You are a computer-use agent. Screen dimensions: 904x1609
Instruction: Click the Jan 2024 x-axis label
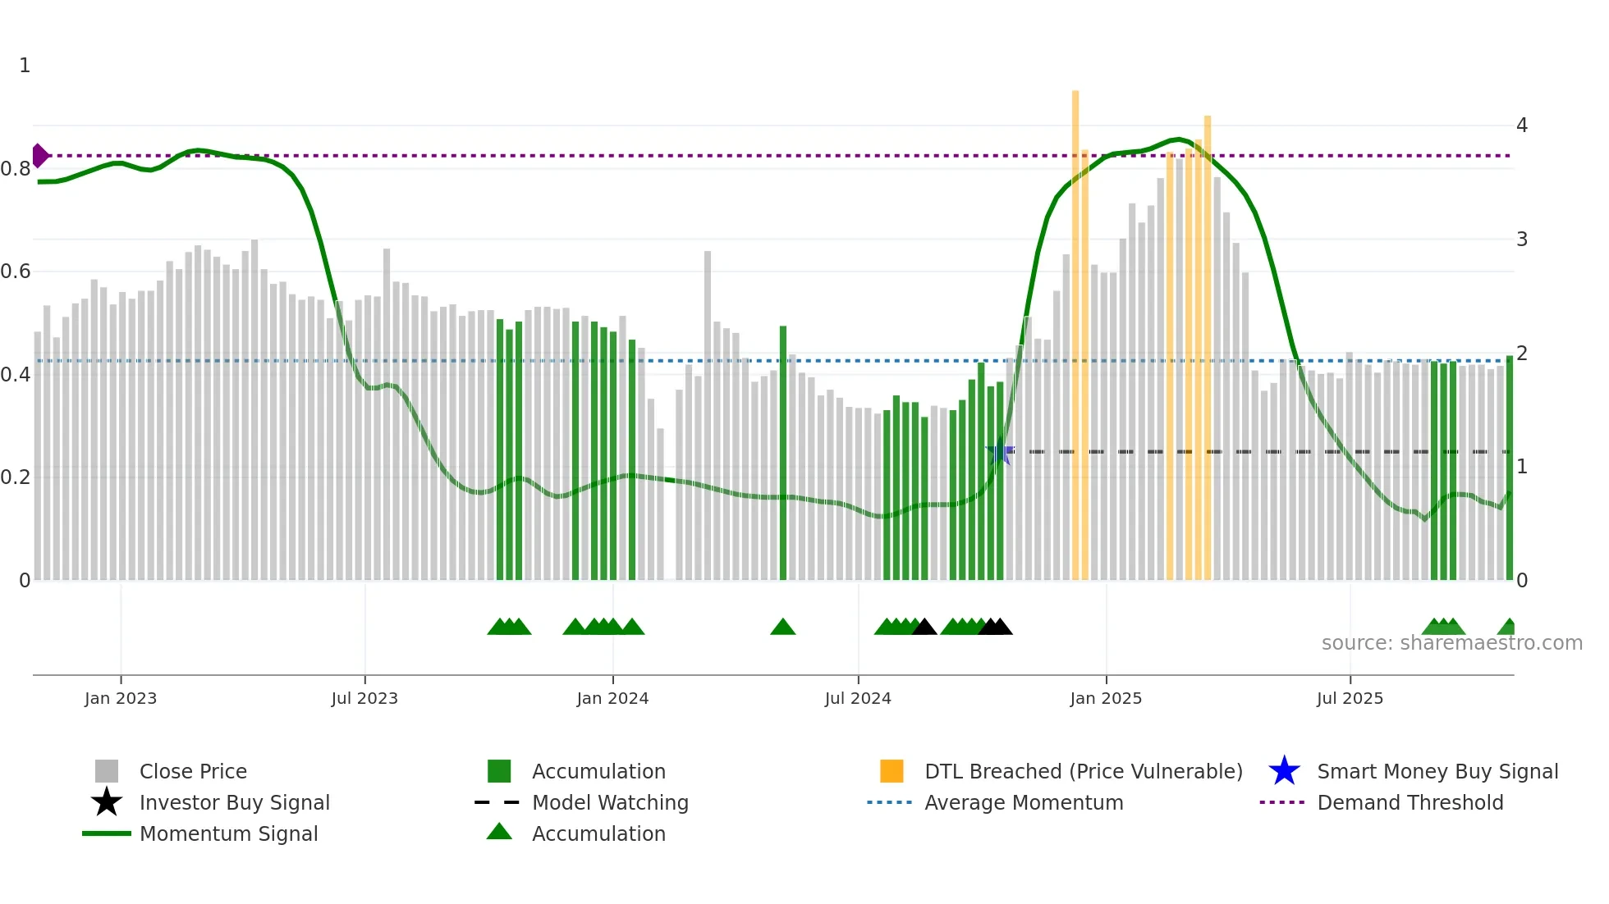(612, 698)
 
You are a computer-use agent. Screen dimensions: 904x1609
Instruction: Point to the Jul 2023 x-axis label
(364, 698)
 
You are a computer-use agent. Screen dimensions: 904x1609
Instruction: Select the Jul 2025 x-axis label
(1350, 698)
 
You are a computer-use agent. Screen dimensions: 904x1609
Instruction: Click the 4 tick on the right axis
(1522, 126)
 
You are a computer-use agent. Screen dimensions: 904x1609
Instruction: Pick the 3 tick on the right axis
(1522, 240)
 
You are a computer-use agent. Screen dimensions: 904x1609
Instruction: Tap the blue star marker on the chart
(999, 452)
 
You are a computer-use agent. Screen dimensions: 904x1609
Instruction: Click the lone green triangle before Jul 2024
(783, 628)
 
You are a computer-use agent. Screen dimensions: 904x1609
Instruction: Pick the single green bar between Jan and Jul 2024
(783, 451)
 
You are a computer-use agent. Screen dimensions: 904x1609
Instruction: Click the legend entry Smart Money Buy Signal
(1437, 772)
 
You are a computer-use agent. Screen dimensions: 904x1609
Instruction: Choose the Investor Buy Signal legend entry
(234, 803)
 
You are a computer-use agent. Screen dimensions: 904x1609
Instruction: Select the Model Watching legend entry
(610, 803)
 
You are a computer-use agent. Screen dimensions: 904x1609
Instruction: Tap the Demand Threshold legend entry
(1410, 803)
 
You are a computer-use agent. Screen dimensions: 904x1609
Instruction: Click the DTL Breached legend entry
(1083, 772)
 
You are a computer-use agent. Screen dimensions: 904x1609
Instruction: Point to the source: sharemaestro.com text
(1451, 643)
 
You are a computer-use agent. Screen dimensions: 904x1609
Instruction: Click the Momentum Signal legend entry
(228, 834)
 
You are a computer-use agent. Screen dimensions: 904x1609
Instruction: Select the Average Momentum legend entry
(1023, 803)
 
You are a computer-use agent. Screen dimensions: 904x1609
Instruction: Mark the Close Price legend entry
(193, 772)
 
